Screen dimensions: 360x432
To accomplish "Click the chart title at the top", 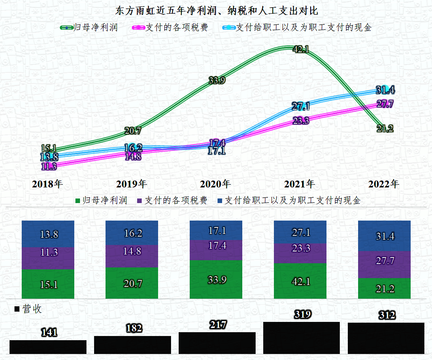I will pyautogui.click(x=216, y=10).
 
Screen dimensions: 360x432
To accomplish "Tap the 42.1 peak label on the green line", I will pyautogui.click(x=301, y=49).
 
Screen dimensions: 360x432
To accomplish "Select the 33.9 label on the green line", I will pyautogui.click(x=217, y=80).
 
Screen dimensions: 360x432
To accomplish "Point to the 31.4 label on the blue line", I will pyautogui.click(x=385, y=90).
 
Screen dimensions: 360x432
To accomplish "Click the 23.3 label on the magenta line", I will pyautogui.click(x=301, y=121).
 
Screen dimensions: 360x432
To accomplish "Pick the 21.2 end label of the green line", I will pyautogui.click(x=385, y=129).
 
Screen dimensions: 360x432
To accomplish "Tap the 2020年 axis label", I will pyautogui.click(x=216, y=184).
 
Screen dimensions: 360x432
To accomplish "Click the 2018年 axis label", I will pyautogui.click(x=48, y=184).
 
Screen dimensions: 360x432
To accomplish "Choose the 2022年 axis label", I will pyautogui.click(x=384, y=184).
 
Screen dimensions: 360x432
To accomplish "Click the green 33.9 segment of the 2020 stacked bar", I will pyautogui.click(x=216, y=280).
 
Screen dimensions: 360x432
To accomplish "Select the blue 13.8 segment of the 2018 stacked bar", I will pyautogui.click(x=48, y=234).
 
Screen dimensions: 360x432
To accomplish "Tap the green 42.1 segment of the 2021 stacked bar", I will pyautogui.click(x=300, y=281).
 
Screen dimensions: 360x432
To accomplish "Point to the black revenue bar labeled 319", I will pyautogui.click(x=301, y=338).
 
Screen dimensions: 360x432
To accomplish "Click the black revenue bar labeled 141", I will pyautogui.click(x=48, y=347).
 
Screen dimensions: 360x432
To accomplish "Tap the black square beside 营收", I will pyautogui.click(x=17, y=309).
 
